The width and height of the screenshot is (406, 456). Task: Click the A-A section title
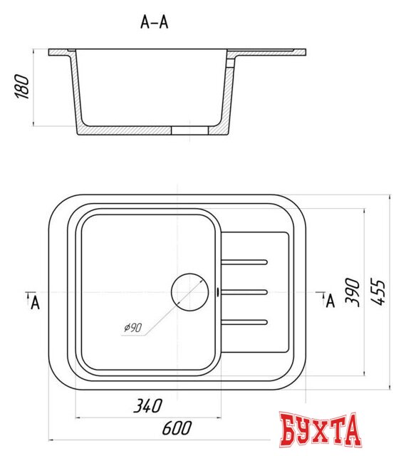[x=154, y=22]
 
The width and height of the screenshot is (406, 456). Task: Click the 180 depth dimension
[x=21, y=88]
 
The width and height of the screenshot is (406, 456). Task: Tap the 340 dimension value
[x=147, y=406]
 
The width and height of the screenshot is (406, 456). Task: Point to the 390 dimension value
[x=350, y=291]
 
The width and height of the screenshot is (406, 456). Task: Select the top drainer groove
[x=244, y=261]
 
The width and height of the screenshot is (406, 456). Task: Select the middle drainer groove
[x=244, y=291]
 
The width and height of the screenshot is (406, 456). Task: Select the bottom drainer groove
[x=244, y=321]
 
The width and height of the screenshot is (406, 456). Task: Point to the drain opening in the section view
[x=191, y=131]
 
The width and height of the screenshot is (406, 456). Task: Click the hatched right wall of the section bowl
[x=229, y=93]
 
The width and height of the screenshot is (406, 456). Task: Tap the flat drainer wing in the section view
[x=271, y=53]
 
